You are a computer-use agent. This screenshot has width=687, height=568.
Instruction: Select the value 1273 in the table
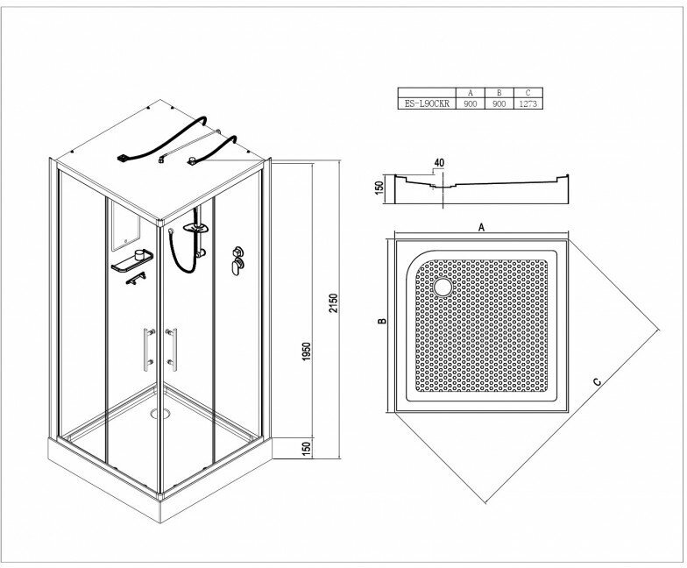(527, 102)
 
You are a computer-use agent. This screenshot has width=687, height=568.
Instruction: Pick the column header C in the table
(527, 92)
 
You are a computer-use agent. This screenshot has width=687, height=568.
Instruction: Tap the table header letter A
(471, 92)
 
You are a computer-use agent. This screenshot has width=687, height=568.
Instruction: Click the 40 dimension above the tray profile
(438, 161)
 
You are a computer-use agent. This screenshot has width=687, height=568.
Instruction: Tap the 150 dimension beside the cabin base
(308, 448)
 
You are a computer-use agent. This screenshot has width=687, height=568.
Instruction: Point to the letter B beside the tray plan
(382, 323)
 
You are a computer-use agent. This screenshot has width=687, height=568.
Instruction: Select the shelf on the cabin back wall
(132, 259)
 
